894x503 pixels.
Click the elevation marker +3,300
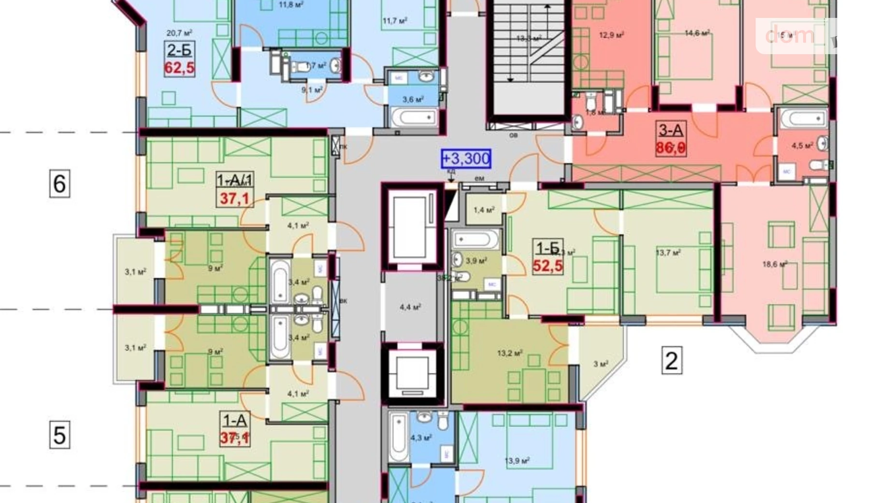466,159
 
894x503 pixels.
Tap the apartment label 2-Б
179,50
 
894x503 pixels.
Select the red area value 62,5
179,68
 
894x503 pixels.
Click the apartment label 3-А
671,130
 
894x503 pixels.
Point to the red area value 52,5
548,266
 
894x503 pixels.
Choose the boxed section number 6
59,183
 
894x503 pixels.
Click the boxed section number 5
59,434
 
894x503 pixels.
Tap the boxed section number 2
671,360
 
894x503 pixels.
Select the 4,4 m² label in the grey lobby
410,307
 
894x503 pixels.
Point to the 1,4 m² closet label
484,210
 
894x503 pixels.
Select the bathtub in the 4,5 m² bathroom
803,118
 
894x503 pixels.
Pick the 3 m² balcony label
601,364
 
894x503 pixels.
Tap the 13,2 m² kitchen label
510,353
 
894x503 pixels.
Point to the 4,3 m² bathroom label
421,438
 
